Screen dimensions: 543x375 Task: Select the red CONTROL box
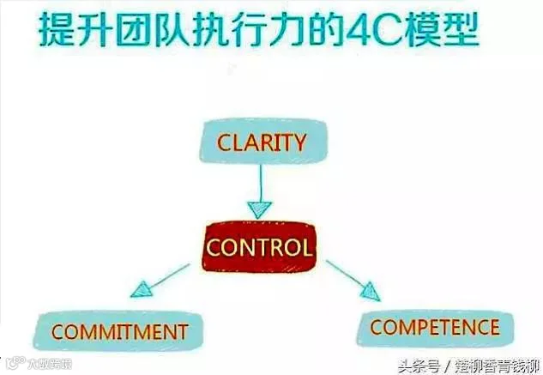click(259, 248)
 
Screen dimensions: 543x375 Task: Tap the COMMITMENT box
click(119, 331)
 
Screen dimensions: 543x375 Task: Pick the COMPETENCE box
click(434, 326)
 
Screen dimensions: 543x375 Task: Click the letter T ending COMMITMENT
click(182, 331)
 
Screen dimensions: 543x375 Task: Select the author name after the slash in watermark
click(497, 364)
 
